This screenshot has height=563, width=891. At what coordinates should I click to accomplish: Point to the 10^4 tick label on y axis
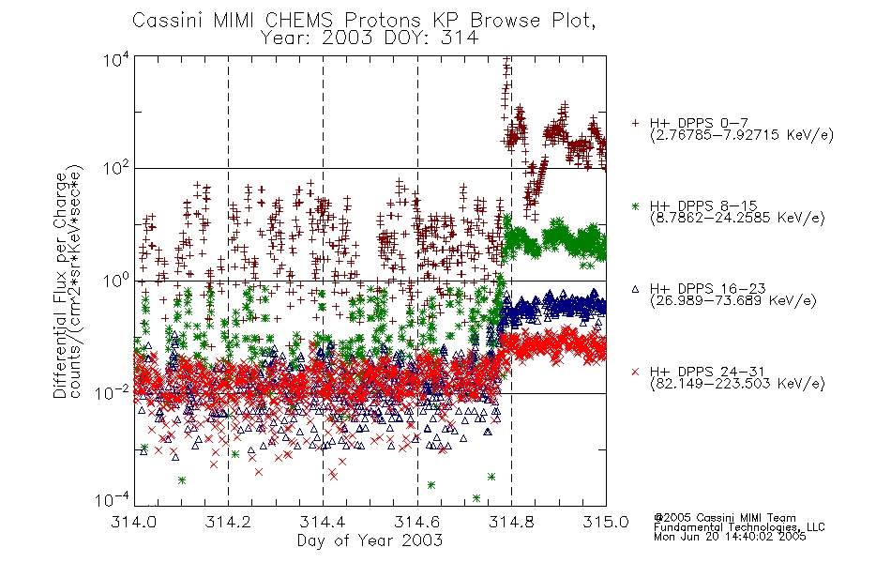pos(116,60)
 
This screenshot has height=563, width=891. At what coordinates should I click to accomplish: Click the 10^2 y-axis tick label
pos(116,169)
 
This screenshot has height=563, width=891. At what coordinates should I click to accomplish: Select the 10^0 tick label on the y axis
pos(116,281)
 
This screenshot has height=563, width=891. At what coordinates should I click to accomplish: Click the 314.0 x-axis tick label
pos(134,522)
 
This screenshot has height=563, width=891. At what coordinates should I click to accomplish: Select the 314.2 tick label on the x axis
pos(229,522)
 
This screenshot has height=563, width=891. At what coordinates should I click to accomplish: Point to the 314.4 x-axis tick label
pos(323,522)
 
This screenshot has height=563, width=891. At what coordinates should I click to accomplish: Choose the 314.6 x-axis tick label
pos(417,522)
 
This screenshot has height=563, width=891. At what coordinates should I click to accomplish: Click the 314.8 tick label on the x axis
pos(511,522)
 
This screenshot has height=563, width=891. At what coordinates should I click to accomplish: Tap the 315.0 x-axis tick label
pos(606,522)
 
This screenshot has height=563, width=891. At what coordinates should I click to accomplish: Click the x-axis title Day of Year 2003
pos(370,540)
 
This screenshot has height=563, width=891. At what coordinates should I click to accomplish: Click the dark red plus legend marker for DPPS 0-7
pos(635,123)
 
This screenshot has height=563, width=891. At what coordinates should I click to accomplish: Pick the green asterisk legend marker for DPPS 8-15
pos(635,205)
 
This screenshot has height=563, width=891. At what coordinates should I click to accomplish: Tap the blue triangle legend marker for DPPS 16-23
pos(635,289)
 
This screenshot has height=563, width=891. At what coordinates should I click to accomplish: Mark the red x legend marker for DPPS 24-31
pos(635,372)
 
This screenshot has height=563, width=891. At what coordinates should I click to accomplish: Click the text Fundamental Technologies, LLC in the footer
pos(739,527)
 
